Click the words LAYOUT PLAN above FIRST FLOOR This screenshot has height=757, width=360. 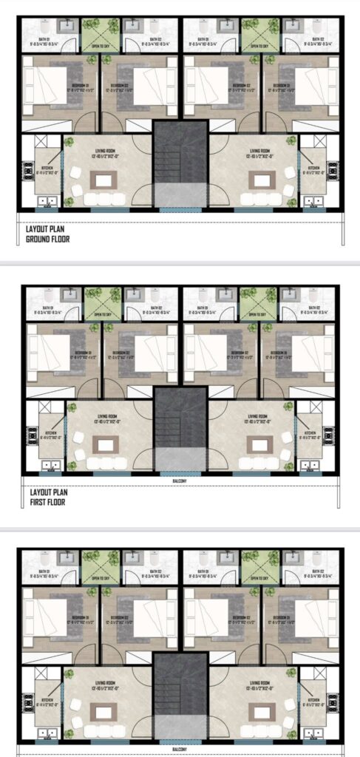[45, 492]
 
